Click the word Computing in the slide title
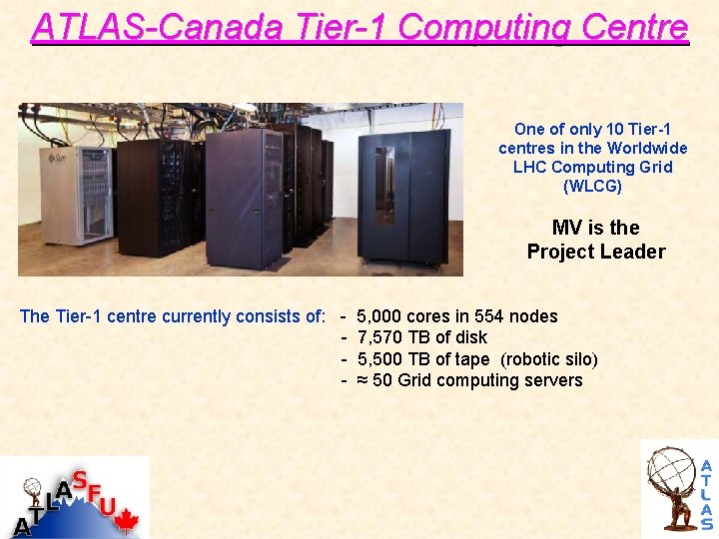[495, 27]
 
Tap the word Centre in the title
[636, 27]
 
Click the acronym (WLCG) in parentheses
[593, 186]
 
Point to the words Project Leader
[596, 252]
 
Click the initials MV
[567, 228]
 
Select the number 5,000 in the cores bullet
[379, 316]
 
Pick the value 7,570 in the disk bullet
[379, 337]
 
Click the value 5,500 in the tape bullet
[379, 359]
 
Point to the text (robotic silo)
[548, 359]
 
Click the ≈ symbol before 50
[362, 380]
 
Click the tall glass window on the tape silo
[383, 186]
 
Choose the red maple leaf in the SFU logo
[126, 520]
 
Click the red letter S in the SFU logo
[79, 480]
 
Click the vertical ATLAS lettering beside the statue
[706, 494]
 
